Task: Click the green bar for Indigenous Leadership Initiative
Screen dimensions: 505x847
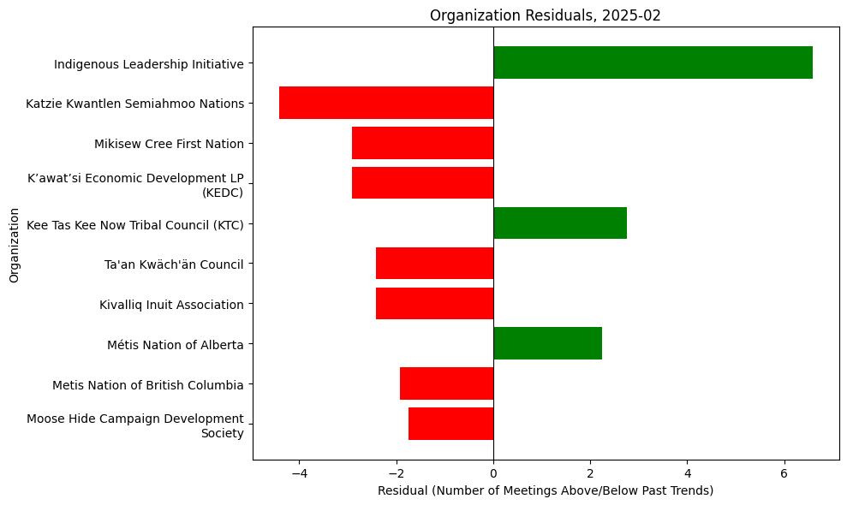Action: [x=653, y=62]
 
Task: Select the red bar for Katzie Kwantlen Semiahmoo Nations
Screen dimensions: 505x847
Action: [x=386, y=103]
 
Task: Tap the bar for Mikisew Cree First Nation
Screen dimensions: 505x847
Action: [x=422, y=143]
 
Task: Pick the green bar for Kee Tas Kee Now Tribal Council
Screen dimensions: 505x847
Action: [x=560, y=223]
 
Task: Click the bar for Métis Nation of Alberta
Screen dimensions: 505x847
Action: [x=547, y=343]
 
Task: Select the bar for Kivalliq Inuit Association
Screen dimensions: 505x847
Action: [x=434, y=303]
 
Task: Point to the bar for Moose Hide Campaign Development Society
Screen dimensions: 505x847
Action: [x=450, y=424]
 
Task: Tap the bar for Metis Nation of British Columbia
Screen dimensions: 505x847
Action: [x=446, y=383]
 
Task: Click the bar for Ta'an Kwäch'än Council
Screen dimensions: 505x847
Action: [x=434, y=263]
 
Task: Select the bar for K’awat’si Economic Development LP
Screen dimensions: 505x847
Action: [x=422, y=183]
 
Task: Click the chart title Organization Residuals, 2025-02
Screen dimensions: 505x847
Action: [x=546, y=15]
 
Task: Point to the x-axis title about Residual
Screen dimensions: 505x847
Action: [x=546, y=490]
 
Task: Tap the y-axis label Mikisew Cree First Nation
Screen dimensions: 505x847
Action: [x=169, y=144]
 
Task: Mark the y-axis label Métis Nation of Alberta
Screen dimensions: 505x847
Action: [x=176, y=345]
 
